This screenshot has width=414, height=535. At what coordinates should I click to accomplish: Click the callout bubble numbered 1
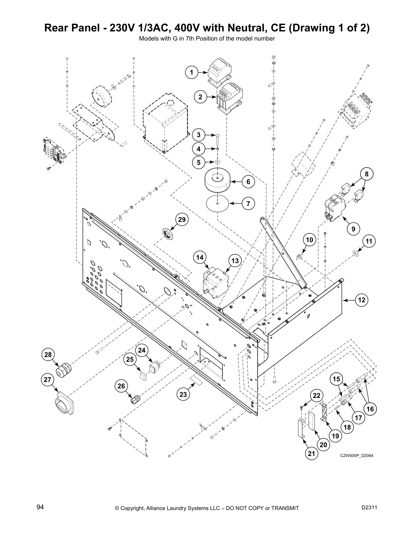click(191, 72)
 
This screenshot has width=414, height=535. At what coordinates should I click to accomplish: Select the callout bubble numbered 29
click(182, 220)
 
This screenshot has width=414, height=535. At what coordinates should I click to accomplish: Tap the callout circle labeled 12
click(362, 300)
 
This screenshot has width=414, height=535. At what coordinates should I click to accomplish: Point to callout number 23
click(183, 394)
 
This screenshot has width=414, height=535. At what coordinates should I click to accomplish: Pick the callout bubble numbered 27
click(48, 380)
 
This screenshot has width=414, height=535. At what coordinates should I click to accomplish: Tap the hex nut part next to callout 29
click(167, 233)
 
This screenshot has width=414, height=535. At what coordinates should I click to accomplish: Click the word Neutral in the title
click(254, 28)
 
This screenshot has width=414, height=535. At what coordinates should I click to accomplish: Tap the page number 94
click(40, 507)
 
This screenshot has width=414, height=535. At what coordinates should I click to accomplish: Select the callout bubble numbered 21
click(312, 454)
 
